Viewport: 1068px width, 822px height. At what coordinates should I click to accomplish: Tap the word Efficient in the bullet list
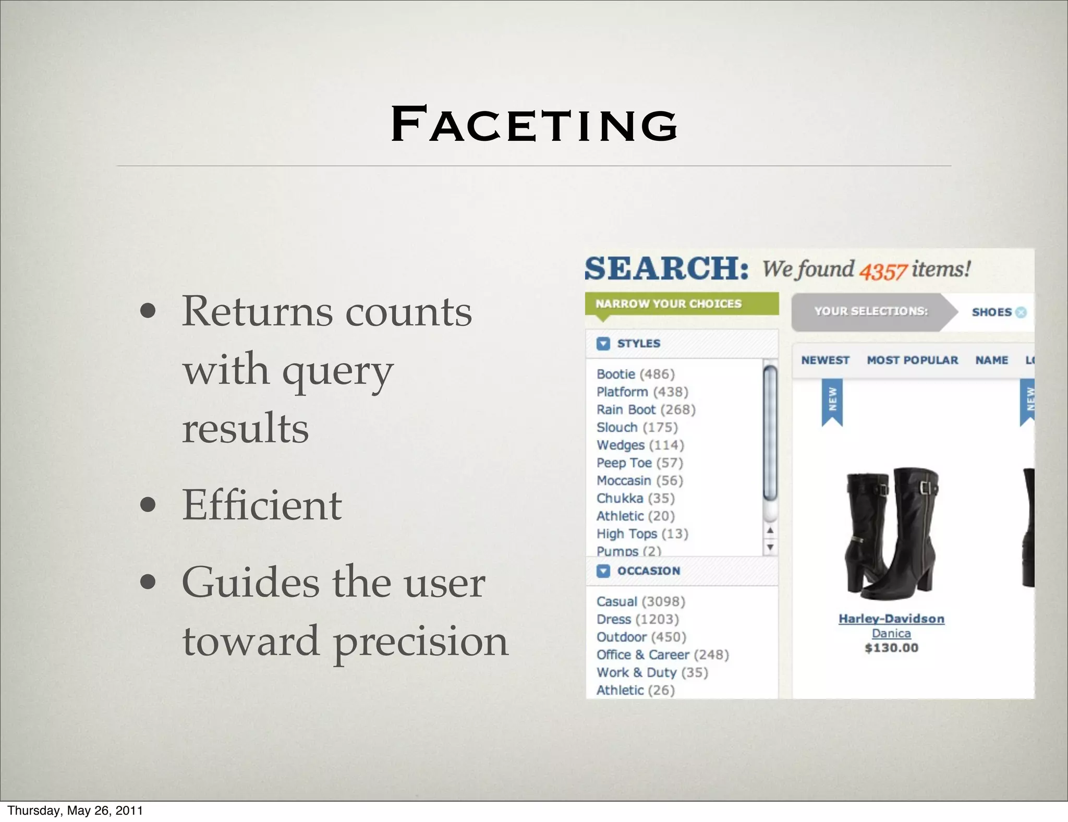point(262,505)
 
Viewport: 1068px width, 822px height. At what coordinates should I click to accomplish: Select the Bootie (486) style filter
point(635,374)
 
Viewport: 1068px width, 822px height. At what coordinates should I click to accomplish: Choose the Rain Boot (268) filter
point(646,409)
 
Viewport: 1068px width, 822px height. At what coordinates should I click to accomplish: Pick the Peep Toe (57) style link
point(639,463)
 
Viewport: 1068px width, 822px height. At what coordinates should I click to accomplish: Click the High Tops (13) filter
point(642,534)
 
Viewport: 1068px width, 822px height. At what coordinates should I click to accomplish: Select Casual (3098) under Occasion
point(640,601)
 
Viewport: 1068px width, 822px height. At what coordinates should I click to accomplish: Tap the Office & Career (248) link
point(662,655)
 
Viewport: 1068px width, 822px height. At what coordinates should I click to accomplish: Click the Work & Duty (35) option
point(652,672)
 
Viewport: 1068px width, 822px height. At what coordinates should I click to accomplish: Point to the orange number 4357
point(883,272)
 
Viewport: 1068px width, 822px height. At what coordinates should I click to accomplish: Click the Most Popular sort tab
point(912,360)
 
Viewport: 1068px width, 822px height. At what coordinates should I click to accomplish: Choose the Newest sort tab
point(825,360)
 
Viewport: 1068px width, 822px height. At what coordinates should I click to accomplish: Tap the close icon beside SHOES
point(1021,312)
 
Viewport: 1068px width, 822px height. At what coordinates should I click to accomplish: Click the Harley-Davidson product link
point(891,619)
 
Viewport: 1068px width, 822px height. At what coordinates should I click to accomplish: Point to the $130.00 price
point(891,648)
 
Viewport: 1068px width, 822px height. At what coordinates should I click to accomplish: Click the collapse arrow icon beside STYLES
point(603,343)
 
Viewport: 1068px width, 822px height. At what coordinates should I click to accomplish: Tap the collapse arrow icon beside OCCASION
point(603,571)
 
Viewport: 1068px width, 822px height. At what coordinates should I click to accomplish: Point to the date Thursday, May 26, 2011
point(75,811)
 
